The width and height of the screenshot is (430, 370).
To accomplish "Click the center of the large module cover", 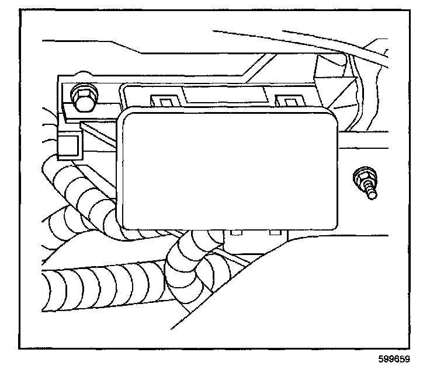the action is (x=228, y=170).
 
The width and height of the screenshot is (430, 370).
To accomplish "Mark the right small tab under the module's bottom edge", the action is (x=273, y=232).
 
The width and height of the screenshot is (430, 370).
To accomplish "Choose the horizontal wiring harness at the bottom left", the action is (x=93, y=289).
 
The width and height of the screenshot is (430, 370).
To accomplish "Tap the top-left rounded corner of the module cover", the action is (x=126, y=117).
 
